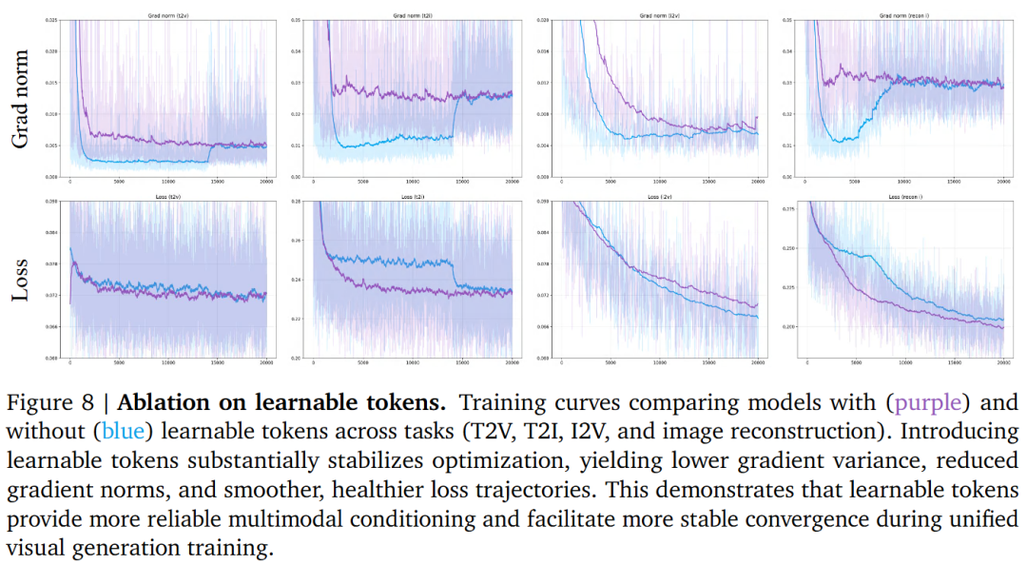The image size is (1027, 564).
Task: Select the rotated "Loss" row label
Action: tap(20, 281)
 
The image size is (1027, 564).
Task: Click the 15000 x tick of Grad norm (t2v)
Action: tap(217, 182)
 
